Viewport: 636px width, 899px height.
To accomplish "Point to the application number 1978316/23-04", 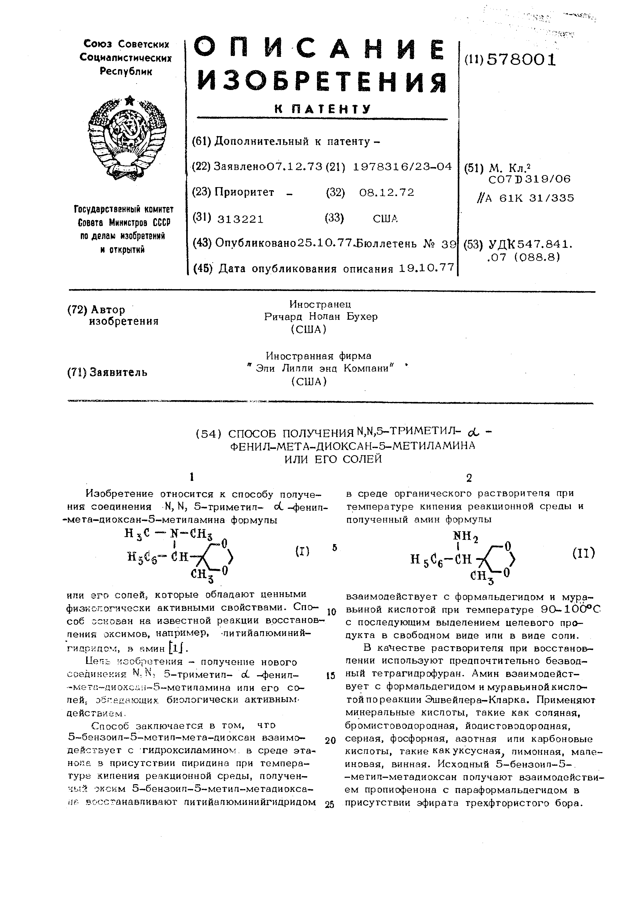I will coord(402,167).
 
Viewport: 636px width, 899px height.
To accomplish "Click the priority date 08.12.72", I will coord(386,193).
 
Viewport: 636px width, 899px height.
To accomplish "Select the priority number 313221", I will coord(241,219).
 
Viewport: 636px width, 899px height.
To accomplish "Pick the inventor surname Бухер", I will coord(363,316).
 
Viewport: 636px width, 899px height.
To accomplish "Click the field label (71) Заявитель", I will coord(107,372).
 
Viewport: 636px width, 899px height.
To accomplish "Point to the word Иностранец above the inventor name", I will coord(320,304).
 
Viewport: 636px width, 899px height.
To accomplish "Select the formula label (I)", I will coord(302,551).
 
